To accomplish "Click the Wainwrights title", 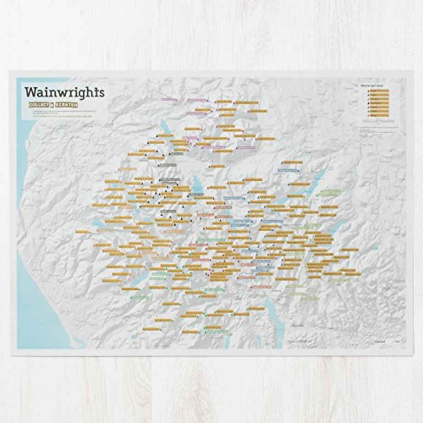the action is [x=64, y=91].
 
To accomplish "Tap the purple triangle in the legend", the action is [x=369, y=95].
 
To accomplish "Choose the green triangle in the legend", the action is [x=369, y=100].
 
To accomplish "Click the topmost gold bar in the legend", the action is [x=379, y=91].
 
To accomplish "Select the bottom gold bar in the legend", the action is [x=379, y=115].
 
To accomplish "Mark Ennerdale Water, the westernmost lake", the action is [x=98, y=223].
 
